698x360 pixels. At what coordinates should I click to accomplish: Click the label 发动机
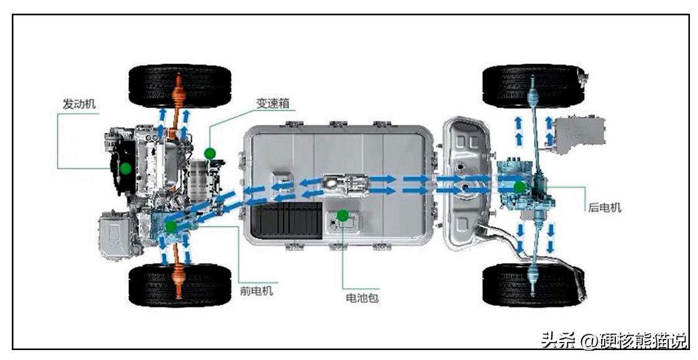click(79, 104)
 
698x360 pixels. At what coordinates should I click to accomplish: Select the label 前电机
click(257, 290)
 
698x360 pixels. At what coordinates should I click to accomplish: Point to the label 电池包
click(362, 298)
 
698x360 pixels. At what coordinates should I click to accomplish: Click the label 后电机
click(604, 208)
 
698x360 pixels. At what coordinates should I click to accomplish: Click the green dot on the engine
click(126, 167)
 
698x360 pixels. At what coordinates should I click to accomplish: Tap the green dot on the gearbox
click(209, 152)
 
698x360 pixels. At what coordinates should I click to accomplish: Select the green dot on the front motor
click(171, 226)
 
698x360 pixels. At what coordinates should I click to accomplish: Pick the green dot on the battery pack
click(342, 215)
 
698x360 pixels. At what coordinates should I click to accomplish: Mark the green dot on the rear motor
click(519, 186)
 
